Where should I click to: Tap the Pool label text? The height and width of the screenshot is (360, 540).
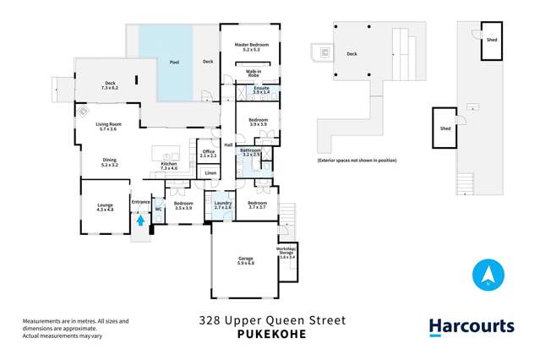tap(174, 63)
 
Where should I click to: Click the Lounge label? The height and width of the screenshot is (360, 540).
tap(104, 207)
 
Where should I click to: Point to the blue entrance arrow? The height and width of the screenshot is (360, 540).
tap(141, 221)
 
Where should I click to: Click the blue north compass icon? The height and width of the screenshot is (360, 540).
tap(488, 275)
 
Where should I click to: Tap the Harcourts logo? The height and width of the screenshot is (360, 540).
tap(471, 327)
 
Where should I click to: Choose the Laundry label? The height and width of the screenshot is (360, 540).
tap(222, 205)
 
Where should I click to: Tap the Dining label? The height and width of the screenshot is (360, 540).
tap(109, 161)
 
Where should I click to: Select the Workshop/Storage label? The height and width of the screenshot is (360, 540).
tap(286, 251)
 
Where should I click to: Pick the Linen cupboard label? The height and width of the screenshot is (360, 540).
tap(210, 173)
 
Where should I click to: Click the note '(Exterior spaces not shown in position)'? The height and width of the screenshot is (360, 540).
tap(356, 160)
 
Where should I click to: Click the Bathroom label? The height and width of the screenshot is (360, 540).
tap(252, 152)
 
